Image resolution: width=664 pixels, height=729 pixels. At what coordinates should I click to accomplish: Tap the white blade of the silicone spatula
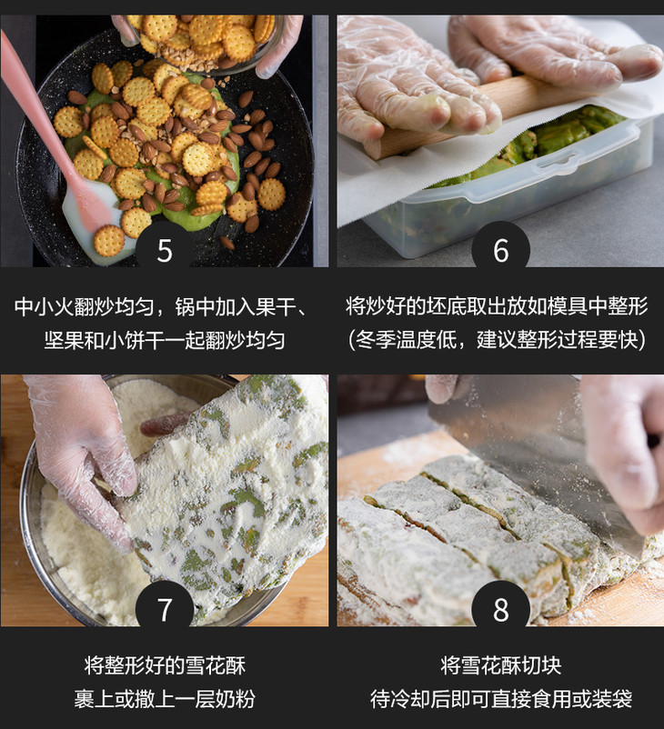[93, 218]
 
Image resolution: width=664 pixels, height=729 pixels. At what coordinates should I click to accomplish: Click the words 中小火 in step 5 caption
[45, 307]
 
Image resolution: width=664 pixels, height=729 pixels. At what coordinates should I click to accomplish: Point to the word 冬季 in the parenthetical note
[376, 340]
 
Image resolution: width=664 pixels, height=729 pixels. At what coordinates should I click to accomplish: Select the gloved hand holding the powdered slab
[84, 460]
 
